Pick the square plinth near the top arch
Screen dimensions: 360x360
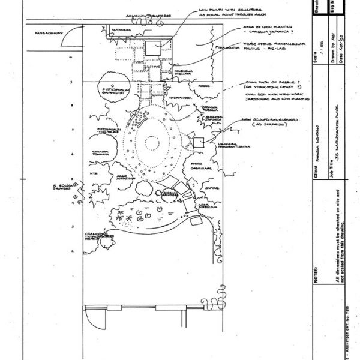[151, 49]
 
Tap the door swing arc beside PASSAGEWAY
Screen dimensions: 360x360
[69, 39]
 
